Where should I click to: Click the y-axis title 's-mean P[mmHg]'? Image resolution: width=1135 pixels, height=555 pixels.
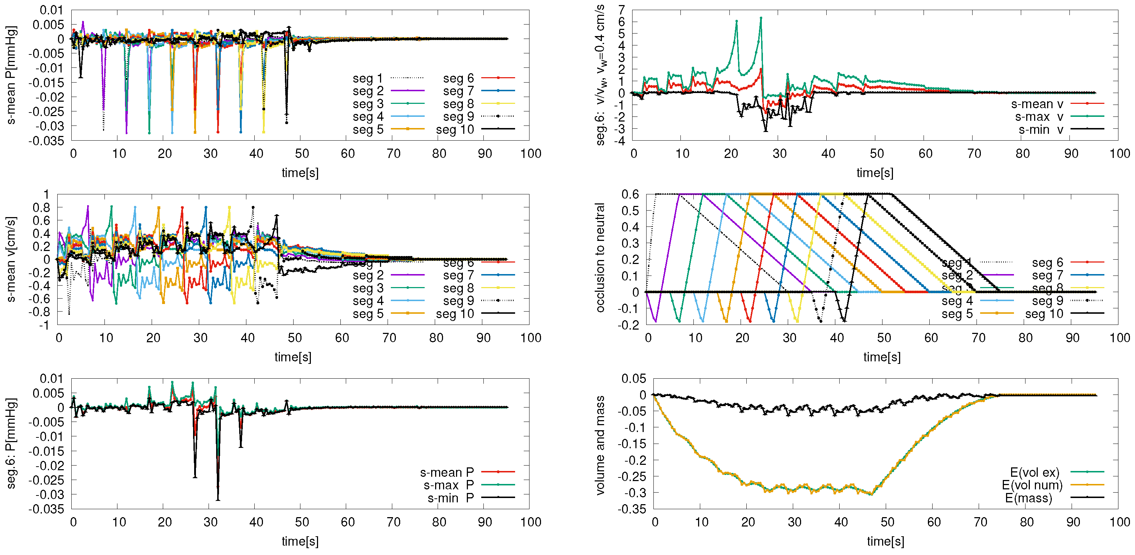[12, 75]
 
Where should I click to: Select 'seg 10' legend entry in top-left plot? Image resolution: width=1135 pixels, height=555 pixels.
[455, 129]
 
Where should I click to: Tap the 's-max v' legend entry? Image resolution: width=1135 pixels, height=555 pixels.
[1038, 116]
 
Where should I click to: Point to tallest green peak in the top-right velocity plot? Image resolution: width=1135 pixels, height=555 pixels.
[761, 18]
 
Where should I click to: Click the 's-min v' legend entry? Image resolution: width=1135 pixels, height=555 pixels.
[1040, 130]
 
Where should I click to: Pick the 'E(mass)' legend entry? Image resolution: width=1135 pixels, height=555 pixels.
[1028, 498]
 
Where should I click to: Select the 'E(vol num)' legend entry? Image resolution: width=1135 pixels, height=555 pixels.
[1032, 485]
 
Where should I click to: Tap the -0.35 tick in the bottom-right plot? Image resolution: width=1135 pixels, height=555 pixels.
[631, 509]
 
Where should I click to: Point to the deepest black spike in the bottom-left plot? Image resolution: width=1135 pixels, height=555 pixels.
[218, 499]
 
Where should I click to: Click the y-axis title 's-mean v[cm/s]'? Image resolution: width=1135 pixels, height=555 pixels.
[12, 259]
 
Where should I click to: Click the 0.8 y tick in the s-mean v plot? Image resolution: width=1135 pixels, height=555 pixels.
[41, 207]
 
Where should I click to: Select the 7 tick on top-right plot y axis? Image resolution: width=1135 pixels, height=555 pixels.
[621, 10]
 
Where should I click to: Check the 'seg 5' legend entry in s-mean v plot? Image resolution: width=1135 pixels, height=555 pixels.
[368, 314]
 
